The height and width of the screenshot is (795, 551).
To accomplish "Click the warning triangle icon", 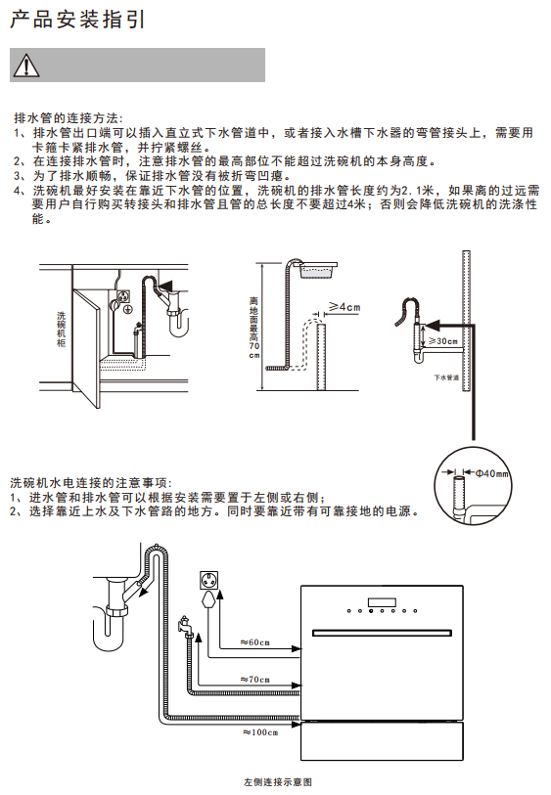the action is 25,66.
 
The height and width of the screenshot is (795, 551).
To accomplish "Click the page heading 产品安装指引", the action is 77,20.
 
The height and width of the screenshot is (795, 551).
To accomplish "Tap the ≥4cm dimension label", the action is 344,307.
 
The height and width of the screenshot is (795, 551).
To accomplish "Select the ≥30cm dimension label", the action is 443,341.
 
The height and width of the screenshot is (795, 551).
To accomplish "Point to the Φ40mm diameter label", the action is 491,473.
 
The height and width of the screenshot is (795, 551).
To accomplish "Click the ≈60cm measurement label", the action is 255,642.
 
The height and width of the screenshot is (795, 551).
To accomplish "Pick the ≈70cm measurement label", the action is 255,679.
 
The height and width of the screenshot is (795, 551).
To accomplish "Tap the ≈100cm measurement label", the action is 260,732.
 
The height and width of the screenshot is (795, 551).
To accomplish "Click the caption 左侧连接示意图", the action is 278,782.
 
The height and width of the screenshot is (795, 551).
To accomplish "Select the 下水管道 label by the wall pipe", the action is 446,377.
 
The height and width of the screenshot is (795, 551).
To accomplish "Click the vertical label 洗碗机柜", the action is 62,330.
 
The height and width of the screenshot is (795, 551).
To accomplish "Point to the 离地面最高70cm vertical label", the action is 254,328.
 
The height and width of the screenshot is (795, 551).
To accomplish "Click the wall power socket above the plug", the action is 209,580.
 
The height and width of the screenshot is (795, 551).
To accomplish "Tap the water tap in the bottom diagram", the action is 185,625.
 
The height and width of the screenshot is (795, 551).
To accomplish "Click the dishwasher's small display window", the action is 382,602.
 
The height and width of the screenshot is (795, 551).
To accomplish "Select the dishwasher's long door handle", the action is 382,634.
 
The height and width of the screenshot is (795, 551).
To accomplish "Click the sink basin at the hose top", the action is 318,270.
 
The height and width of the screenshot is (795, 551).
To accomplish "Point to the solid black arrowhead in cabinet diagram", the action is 166,286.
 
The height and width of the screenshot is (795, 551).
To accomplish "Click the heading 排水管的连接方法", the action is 69,118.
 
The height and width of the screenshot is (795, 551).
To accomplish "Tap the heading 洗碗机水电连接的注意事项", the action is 91,483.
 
